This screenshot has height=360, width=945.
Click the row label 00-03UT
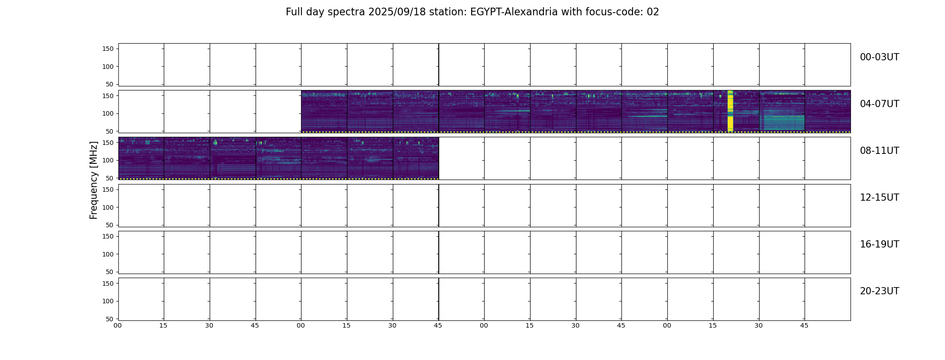879,57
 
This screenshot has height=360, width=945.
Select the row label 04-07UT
879,104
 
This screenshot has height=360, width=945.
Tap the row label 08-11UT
879,151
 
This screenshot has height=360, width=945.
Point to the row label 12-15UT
879,198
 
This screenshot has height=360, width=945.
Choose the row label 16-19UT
879,244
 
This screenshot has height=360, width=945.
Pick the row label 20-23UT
879,291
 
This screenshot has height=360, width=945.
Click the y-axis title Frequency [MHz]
94,180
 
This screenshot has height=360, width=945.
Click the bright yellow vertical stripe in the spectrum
730,111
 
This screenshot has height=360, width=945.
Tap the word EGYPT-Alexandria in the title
514,12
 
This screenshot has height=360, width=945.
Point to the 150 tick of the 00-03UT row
108,49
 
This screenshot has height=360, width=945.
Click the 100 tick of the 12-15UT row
108,207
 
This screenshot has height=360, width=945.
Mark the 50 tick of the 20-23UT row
110,319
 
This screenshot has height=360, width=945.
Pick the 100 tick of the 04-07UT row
108,113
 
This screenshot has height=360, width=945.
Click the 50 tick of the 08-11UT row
110,178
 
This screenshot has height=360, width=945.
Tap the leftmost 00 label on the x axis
118,325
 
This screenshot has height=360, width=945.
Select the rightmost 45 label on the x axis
804,325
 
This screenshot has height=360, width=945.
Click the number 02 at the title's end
653,12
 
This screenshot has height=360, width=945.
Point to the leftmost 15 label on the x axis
163,325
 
